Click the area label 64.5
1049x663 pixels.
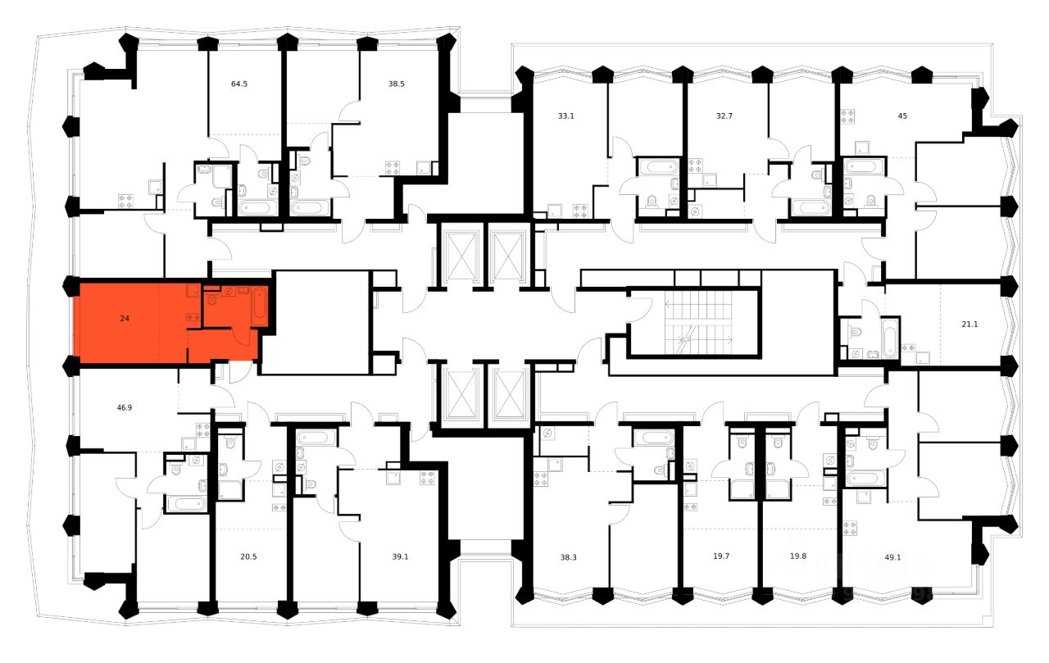(239, 84)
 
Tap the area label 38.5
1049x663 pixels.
(397, 84)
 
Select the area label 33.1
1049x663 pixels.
(565, 116)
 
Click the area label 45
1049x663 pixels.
(902, 116)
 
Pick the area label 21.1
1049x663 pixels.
(970, 324)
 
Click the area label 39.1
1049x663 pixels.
(401, 556)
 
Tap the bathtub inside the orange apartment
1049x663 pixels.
(259, 307)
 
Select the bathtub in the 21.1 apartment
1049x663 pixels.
(890, 338)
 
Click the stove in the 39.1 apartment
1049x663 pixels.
(426, 477)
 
